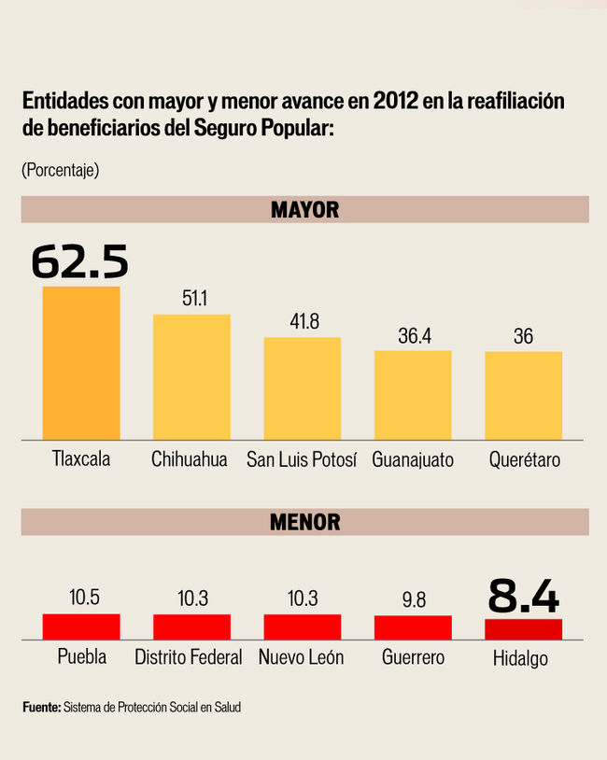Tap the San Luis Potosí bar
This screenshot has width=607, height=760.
click(302, 387)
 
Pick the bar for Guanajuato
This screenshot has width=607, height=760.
click(413, 394)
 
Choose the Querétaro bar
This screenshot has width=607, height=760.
click(523, 395)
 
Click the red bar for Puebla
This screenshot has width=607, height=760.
click(81, 626)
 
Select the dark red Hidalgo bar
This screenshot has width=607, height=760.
click(523, 629)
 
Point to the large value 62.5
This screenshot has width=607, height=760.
click(80, 262)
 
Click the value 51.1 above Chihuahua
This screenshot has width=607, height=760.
click(192, 299)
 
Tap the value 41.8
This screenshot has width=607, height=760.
click(303, 322)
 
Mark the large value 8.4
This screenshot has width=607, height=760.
click(523, 596)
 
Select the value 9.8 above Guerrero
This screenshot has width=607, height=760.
click(413, 600)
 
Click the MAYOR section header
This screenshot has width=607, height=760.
click(304, 209)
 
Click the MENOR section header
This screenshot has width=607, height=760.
click(304, 522)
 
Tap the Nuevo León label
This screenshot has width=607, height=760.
click(302, 657)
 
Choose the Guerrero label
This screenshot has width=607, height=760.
click(413, 657)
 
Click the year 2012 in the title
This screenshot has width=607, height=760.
click(395, 101)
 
